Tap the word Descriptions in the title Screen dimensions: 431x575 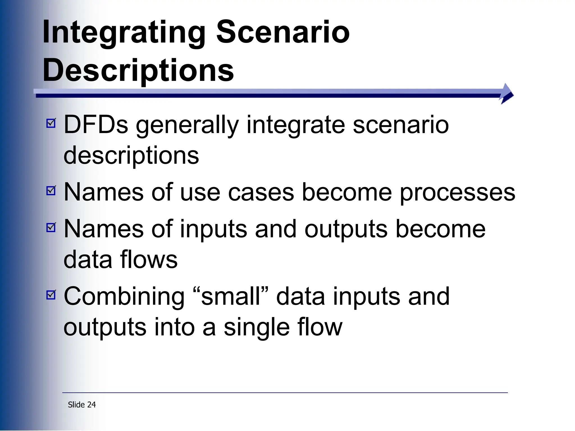(x=138, y=71)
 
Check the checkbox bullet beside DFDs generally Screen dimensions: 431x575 (x=51, y=123)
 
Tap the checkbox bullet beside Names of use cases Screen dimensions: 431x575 (x=51, y=191)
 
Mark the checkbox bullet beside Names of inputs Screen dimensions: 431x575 (x=51, y=227)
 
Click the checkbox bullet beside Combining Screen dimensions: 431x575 (x=51, y=295)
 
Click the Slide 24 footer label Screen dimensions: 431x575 (x=82, y=405)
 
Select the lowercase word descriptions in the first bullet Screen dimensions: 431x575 (x=131, y=156)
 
